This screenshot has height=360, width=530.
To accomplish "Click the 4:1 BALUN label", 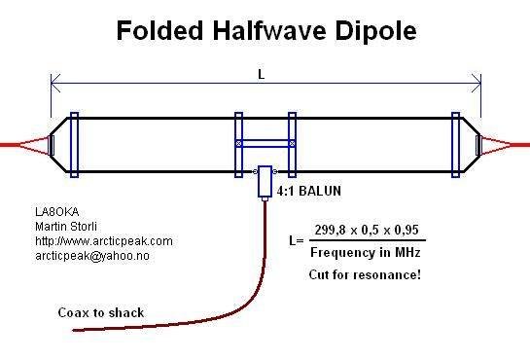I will [309, 192].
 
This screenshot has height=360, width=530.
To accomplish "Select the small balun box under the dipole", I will [264, 183].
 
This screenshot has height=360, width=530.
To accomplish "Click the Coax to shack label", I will [100, 312].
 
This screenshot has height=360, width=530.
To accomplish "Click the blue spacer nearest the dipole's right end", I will [455, 144].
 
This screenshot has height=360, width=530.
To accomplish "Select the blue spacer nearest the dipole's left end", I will [75, 144].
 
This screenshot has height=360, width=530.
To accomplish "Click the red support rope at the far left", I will [15, 145].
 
